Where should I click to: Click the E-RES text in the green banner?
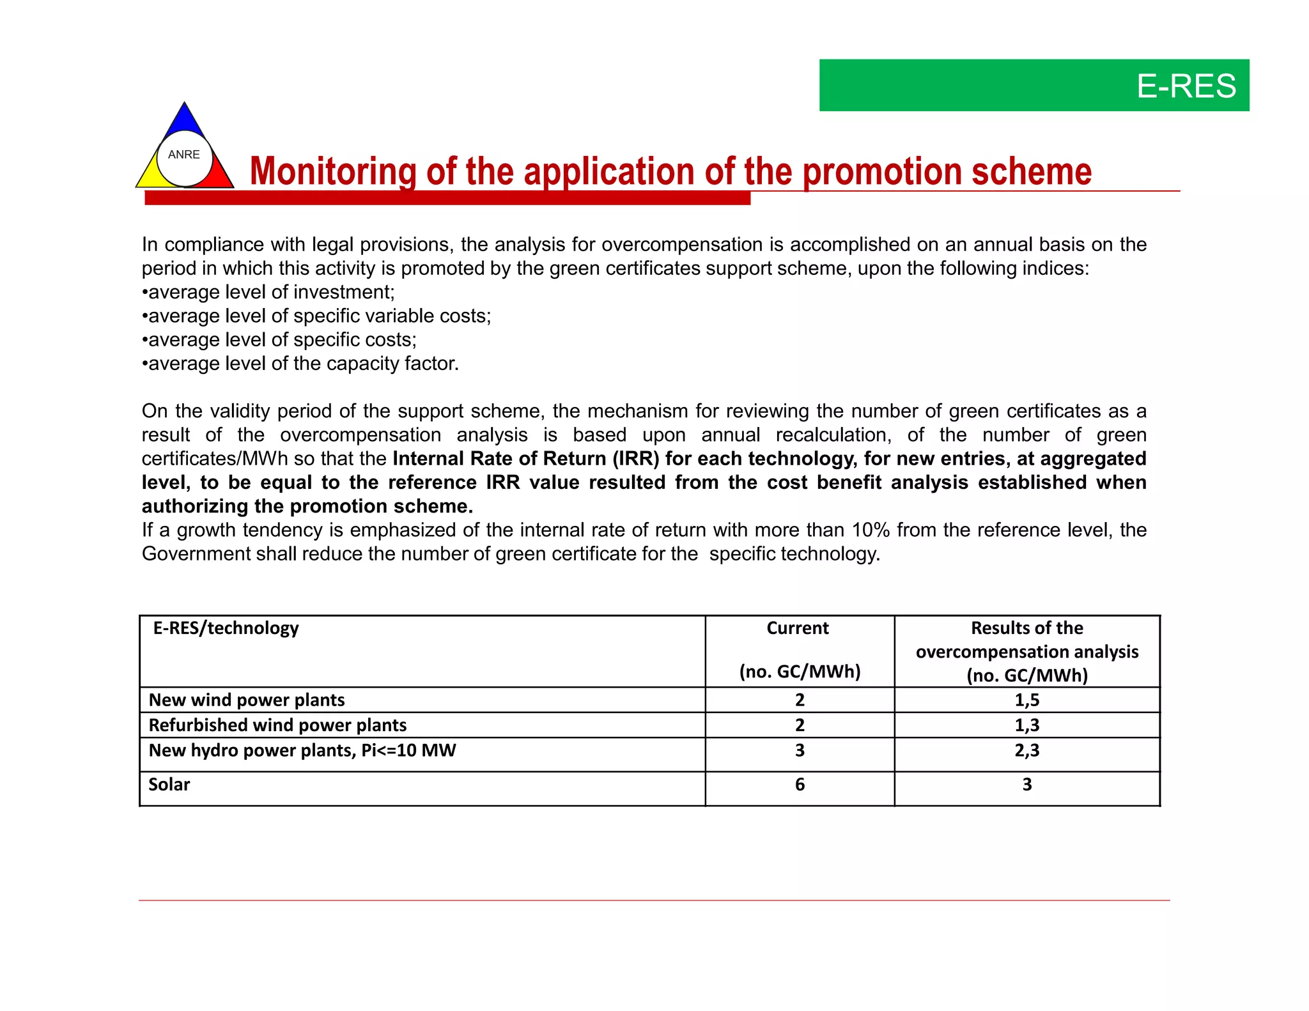[x=1186, y=86]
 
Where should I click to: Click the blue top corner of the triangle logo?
[x=184, y=118]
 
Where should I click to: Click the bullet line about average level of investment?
[x=268, y=292]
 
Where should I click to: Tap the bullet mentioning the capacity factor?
[x=300, y=364]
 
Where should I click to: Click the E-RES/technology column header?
[x=226, y=628]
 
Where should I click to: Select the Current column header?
[x=798, y=628]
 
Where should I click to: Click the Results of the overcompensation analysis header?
[x=1026, y=651]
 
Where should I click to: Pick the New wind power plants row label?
[x=247, y=700]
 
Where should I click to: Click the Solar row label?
[x=169, y=785]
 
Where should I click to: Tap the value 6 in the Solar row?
[x=800, y=785]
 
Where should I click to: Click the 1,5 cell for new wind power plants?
[x=1026, y=700]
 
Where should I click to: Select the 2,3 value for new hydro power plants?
[x=1026, y=750]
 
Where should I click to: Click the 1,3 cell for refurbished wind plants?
[x=1026, y=725]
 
